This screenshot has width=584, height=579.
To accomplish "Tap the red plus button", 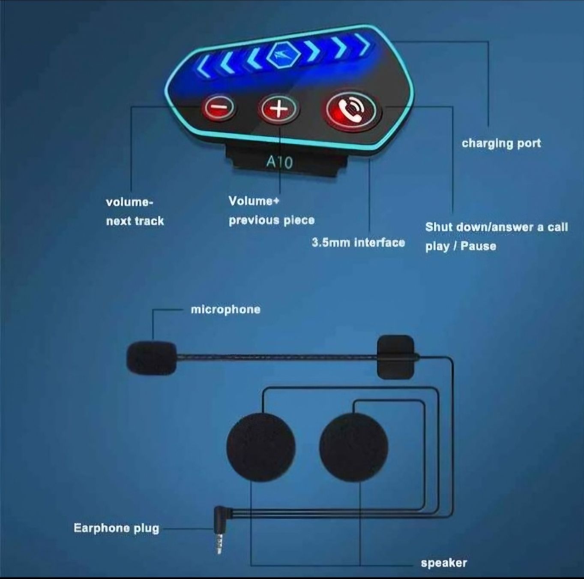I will click(278, 109).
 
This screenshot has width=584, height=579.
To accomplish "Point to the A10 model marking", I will click(279, 162).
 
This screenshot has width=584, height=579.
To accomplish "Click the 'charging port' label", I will click(501, 143).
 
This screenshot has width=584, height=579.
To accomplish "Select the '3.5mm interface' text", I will click(358, 243).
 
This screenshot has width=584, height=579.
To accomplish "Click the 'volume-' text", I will click(129, 202).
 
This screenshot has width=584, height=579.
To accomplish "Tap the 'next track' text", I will click(135, 221).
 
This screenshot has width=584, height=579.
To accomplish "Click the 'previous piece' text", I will click(272, 220).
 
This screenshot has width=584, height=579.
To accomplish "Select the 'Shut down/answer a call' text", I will click(496, 227).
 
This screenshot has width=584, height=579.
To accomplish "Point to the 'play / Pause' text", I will click(461, 246).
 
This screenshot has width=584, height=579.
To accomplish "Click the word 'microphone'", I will click(225, 309).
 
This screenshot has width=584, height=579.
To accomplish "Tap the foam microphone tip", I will click(151, 357).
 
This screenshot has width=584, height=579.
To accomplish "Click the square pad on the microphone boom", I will click(395, 357).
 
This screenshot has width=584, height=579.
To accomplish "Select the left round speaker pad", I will click(261, 447).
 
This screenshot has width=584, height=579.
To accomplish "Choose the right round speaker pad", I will click(353, 447).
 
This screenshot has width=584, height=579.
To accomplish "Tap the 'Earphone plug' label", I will click(116, 528).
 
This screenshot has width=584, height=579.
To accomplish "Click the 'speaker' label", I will click(443, 563).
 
